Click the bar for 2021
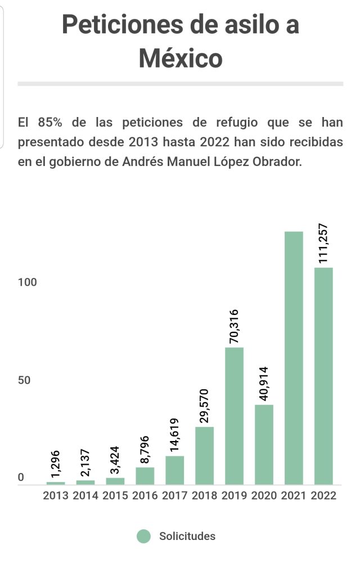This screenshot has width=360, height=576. click(294, 358)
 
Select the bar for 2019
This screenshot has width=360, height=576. click(234, 416)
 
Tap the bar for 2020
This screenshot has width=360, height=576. click(264, 444)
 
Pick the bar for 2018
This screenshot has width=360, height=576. click(204, 456)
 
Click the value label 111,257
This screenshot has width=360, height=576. click(323, 244)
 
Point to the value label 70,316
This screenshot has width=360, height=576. click(234, 326)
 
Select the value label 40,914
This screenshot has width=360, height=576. click(264, 384)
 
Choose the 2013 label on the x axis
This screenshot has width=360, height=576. click(56, 496)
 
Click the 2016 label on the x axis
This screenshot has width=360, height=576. click(145, 496)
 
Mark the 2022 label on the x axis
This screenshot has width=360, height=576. click(323, 496)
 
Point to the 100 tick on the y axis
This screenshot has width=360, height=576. click(27, 282)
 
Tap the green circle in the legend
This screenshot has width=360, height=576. click(144, 536)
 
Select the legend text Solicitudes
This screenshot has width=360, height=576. click(187, 536)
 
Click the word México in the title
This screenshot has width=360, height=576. click(181, 58)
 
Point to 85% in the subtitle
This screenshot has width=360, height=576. click(51, 123)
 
